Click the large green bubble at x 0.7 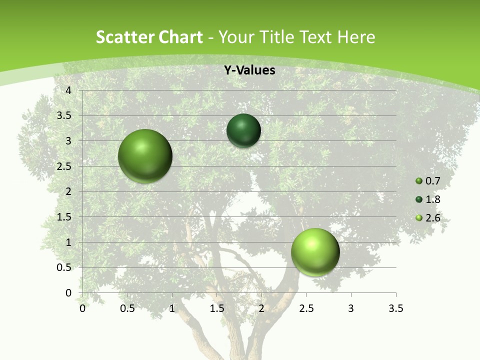pos(145,156)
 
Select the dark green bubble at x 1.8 pos(243,130)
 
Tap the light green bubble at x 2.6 pos(315,252)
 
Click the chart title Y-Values pos(249,70)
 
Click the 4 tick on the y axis pos(69,90)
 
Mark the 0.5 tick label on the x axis pos(127,308)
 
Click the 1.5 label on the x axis pos(217,308)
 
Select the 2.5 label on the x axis pos(306,308)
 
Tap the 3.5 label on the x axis pos(395,308)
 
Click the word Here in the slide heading pos(356,37)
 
